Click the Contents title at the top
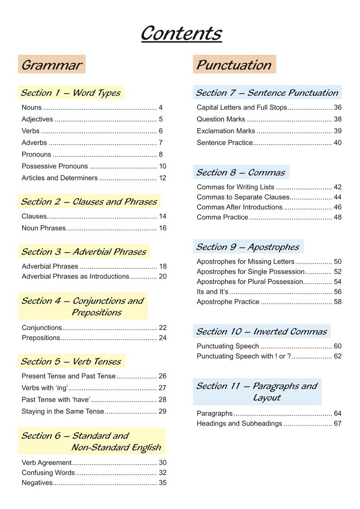(181, 34)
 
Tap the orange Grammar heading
(52, 65)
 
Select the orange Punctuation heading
(234, 65)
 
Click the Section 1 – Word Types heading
(71, 93)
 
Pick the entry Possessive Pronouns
(55, 166)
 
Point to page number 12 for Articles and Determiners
(162, 178)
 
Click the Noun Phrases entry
(44, 228)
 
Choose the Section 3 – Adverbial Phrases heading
(84, 252)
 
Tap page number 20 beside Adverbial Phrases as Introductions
(162, 277)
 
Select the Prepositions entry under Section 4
(41, 338)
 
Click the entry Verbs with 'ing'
(45, 388)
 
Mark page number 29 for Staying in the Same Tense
(162, 411)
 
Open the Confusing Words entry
(48, 473)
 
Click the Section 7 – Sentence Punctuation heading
(267, 93)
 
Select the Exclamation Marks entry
(226, 131)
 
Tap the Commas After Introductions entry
(239, 207)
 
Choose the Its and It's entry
(212, 292)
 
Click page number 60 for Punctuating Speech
(337, 346)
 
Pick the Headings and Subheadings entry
(239, 424)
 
